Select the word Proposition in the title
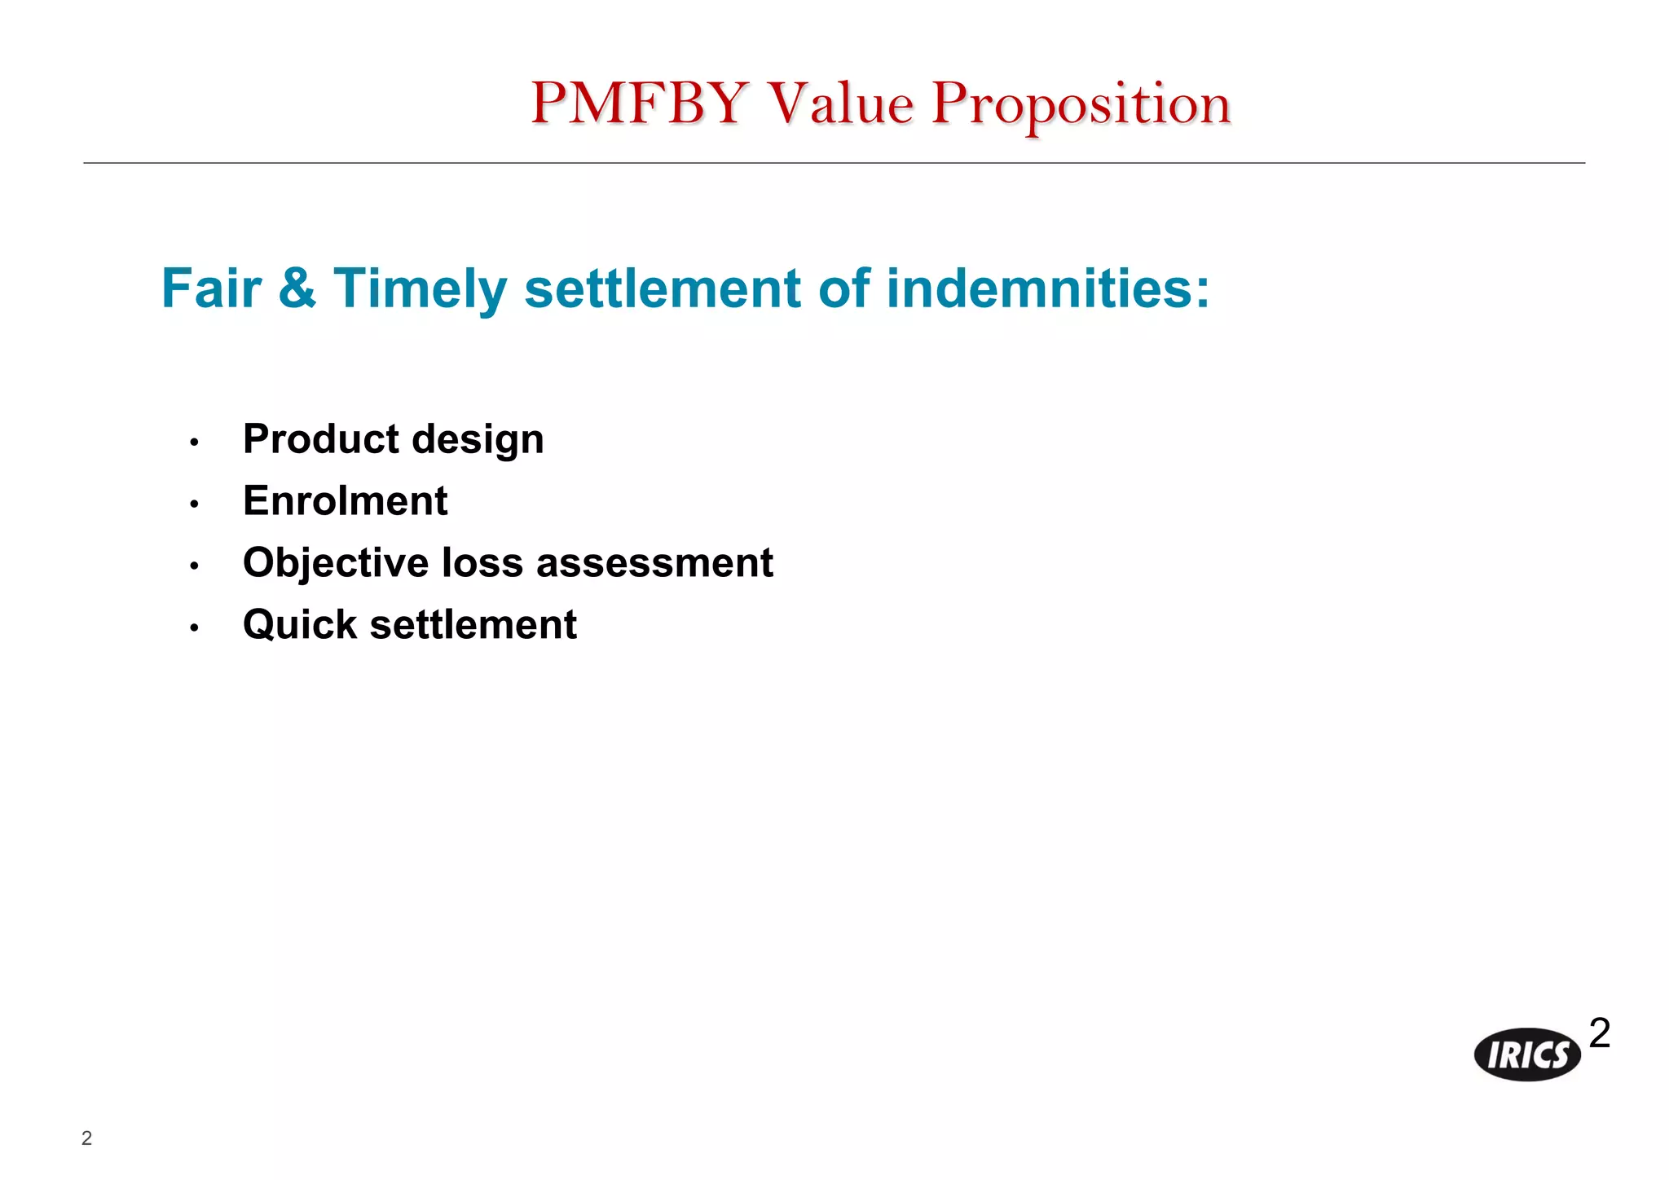[1081, 103]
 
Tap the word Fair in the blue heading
[211, 288]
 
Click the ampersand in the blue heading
[297, 288]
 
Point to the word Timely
[420, 288]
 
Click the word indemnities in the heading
[1047, 288]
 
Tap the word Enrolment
[345, 500]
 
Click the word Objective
[336, 563]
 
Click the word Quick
[300, 625]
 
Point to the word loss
[482, 563]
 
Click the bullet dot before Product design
[194, 442]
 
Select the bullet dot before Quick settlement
[194, 627]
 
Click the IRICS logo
[1527, 1055]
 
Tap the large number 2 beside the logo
[1600, 1033]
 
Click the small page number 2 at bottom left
[86, 1138]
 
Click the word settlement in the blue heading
[663, 288]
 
